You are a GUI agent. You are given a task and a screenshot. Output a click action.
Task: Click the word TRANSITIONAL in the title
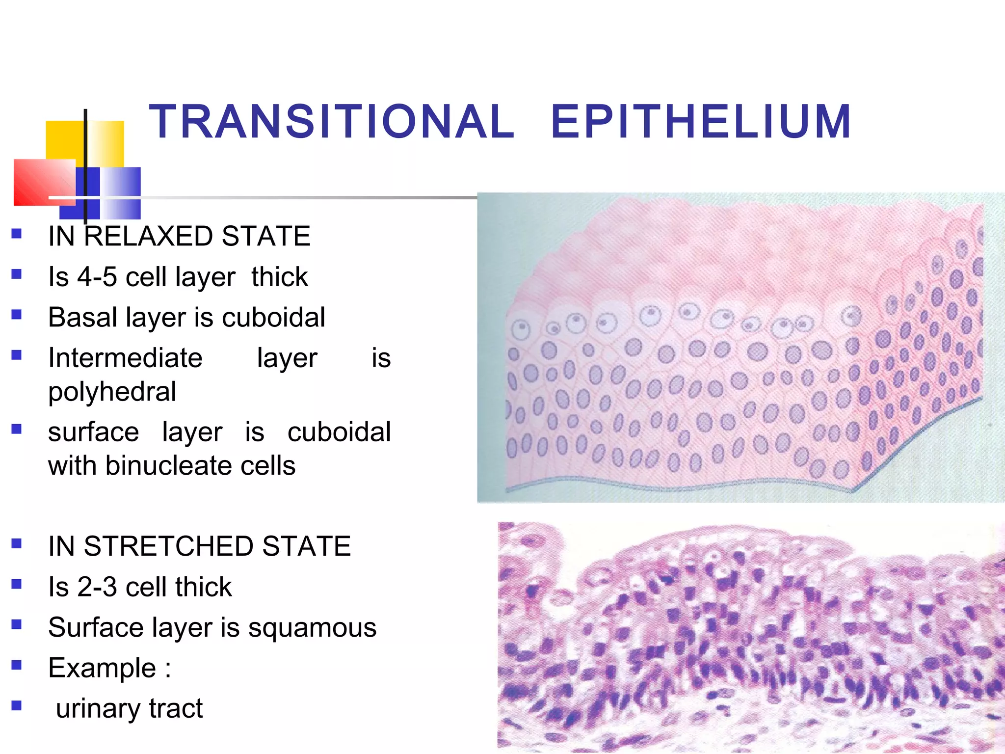pos(332,122)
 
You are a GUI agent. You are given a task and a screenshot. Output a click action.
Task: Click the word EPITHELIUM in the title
pos(701,122)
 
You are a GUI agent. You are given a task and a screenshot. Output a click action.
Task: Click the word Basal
pos(83,317)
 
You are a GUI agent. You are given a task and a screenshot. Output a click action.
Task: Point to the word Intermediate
pos(125,358)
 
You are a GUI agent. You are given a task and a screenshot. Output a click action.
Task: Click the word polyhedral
pos(112,392)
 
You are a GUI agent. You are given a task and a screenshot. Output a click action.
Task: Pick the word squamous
pos(312,628)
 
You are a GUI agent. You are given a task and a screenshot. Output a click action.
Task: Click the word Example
pos(102,668)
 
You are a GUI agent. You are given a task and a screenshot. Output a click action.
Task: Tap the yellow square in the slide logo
pos(64,140)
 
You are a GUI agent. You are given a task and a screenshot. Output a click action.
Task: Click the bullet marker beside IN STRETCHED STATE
pos(17,543)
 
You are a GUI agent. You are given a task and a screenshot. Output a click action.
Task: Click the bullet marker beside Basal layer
pos(17,314)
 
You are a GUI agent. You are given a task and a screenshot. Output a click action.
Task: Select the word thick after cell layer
pos(279,277)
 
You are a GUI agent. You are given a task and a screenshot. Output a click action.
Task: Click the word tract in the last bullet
pos(176,709)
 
